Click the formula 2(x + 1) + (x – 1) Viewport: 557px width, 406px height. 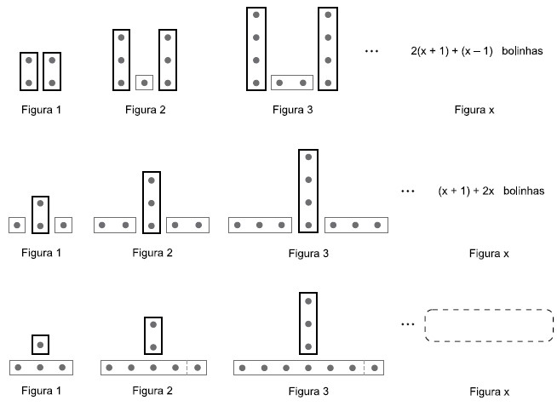click(x=451, y=51)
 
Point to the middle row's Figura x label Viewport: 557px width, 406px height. click(x=490, y=253)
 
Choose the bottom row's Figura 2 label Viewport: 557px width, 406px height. click(x=152, y=392)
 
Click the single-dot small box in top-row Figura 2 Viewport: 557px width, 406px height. click(x=145, y=83)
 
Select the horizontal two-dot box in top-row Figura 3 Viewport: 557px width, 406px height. click(x=292, y=83)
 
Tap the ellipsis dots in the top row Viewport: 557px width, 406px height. click(x=371, y=52)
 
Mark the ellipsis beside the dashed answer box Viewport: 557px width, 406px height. click(x=407, y=325)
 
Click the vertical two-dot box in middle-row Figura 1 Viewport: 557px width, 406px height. click(x=40, y=214)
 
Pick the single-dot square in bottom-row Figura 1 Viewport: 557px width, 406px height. click(x=40, y=345)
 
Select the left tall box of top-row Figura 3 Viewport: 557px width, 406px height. click(x=256, y=49)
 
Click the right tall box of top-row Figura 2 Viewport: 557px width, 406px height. click(x=168, y=60)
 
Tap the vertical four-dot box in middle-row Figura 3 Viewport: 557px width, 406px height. click(x=308, y=191)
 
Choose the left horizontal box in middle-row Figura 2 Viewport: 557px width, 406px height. click(x=114, y=226)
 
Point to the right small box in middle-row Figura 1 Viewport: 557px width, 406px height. click(x=63, y=226)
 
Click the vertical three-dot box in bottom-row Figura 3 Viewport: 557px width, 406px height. click(x=308, y=323)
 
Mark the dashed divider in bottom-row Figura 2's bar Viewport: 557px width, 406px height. click(x=187, y=368)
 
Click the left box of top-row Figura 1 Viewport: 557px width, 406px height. click(x=30, y=71)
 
